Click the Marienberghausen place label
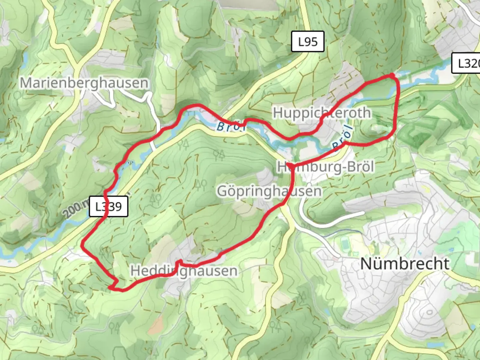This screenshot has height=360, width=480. point(84,83)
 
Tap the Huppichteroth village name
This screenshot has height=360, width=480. point(322,113)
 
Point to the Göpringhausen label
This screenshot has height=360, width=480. point(269,191)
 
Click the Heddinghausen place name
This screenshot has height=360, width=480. point(184,271)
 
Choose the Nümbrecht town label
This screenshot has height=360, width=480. point(405,264)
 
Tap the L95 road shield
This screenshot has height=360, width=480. point(308,42)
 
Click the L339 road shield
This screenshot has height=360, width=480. point(109,207)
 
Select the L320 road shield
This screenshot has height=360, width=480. point(467,63)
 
